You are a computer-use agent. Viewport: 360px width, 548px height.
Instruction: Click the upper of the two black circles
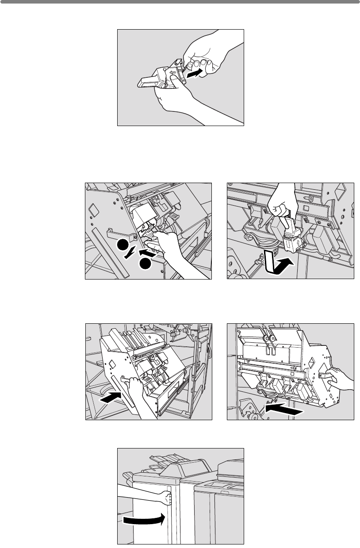pos(123,247)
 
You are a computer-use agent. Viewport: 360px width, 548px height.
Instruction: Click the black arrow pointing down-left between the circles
pos(129,256)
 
